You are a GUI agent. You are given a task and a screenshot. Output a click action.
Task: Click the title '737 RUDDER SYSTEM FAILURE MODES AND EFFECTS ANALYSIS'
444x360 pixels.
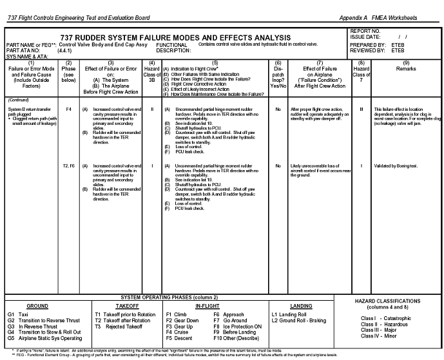click(x=175, y=38)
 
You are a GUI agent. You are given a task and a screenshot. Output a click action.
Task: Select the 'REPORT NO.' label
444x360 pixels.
click(x=364, y=31)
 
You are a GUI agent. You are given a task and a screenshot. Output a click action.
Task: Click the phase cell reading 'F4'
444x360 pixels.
click(x=68, y=109)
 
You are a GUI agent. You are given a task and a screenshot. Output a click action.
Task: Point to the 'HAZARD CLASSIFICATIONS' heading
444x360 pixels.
click(x=393, y=302)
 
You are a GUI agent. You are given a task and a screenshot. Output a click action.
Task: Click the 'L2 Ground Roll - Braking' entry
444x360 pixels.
click(x=299, y=320)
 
